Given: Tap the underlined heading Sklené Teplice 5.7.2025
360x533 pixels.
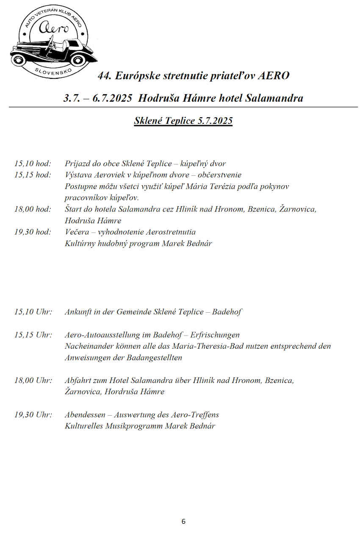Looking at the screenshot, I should (183, 121).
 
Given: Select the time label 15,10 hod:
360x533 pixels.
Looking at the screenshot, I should (33, 164).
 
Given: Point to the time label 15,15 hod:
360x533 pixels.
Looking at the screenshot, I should (33, 175).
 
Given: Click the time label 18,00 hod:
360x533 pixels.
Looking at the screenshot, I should (33, 209).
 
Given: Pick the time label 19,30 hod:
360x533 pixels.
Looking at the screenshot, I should (33, 232).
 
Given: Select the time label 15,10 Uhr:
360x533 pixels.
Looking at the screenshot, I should (33, 312).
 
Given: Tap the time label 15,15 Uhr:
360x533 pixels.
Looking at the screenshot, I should (33, 335).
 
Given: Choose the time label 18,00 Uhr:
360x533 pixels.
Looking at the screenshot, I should (33, 380).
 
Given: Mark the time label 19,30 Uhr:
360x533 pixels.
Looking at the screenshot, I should (33, 414).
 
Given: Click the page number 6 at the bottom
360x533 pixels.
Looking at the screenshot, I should (183, 522).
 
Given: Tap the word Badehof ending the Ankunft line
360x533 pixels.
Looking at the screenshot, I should (227, 312).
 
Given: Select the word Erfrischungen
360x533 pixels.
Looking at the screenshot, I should (215, 335).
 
